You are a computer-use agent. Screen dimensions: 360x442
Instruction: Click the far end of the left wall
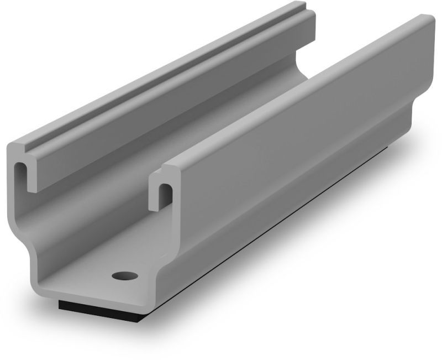click(x=307, y=22)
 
